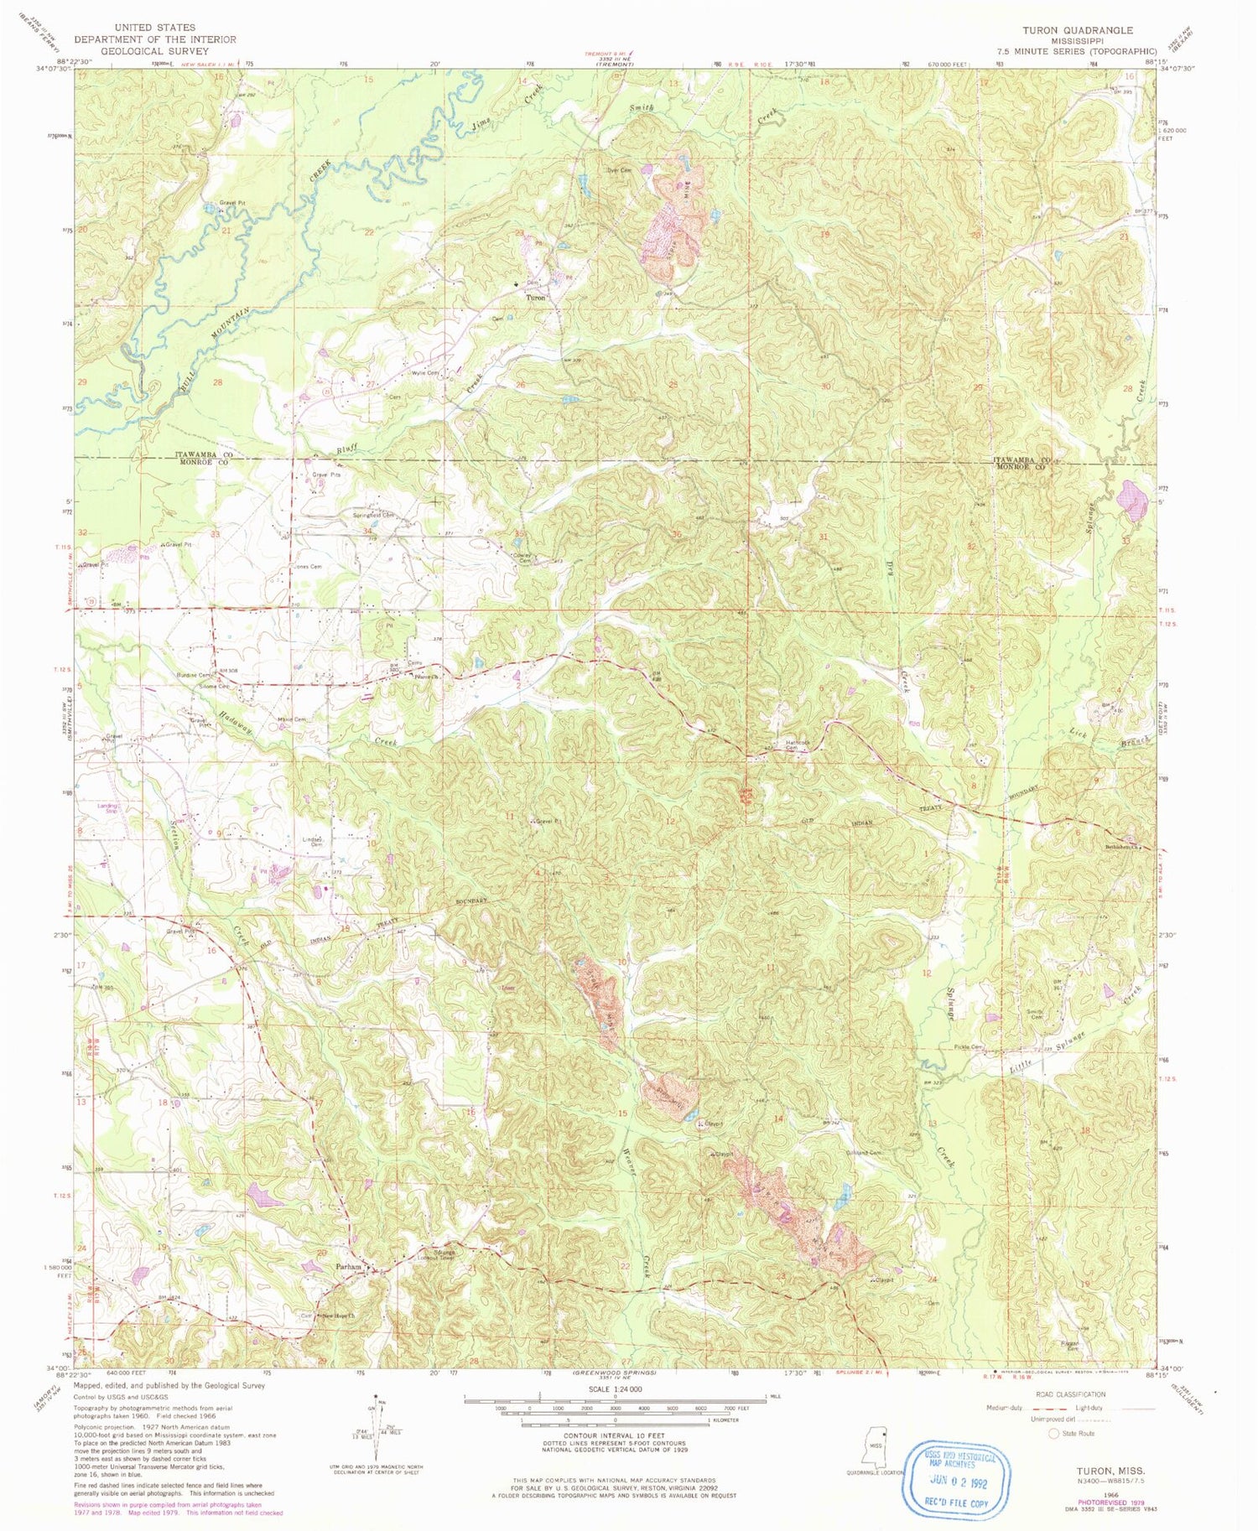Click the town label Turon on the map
pos(536,298)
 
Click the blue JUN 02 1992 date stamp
pos(957,1482)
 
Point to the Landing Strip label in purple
pos(108,809)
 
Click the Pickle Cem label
pos(969,1047)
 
